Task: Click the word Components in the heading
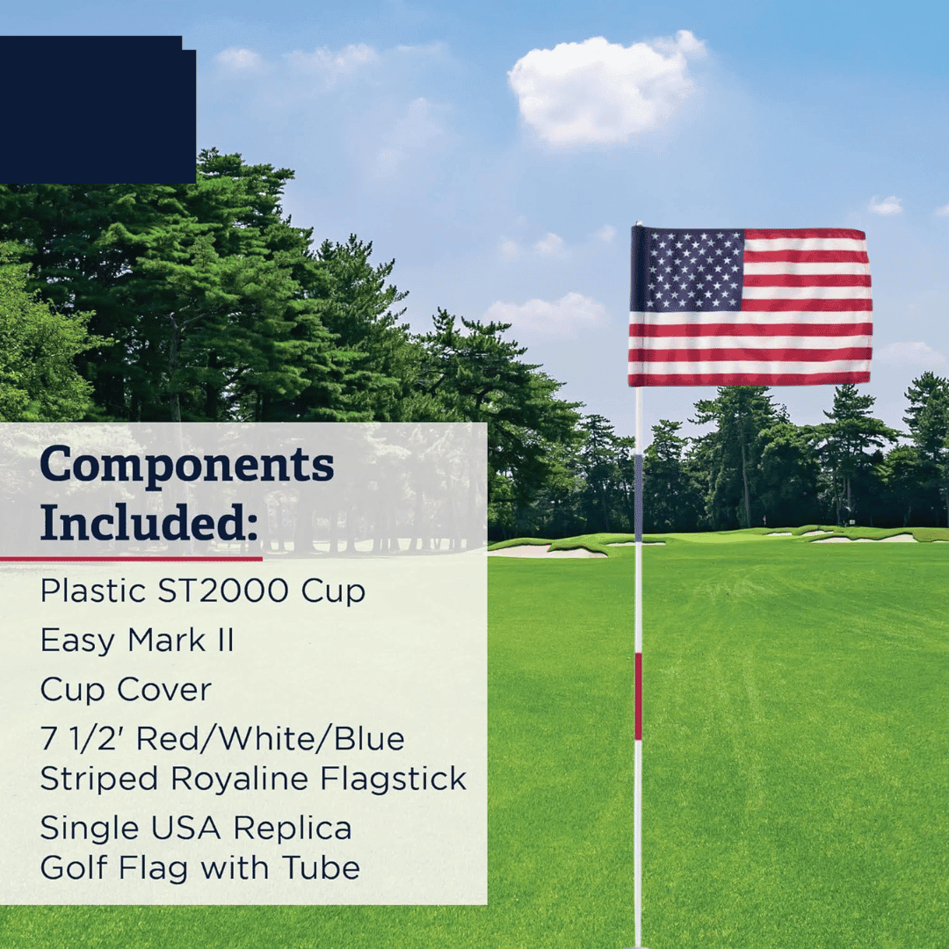187,466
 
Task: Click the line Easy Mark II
137,641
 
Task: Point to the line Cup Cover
126,691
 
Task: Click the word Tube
321,868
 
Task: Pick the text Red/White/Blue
271,739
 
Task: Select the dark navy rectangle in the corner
97,110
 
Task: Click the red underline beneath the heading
132,558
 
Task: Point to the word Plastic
91,591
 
